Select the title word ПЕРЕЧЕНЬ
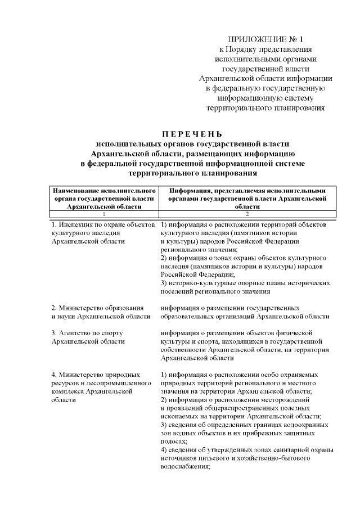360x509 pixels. point(192,134)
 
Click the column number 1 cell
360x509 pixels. point(103,214)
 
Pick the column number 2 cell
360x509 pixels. point(247,214)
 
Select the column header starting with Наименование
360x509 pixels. point(103,199)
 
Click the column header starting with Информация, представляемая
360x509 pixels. point(247,199)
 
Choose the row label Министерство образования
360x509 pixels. point(97,308)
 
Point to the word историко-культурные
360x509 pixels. point(199,283)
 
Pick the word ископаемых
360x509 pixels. point(179,417)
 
